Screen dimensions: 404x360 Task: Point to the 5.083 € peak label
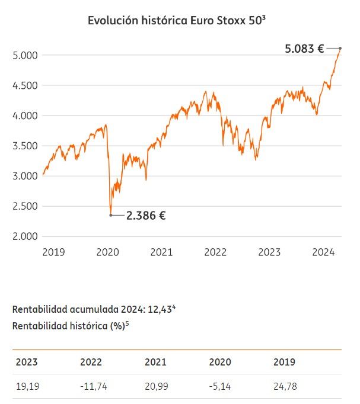point(304,49)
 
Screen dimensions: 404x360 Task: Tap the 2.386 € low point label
point(146,216)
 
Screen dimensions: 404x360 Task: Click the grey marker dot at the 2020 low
point(111,215)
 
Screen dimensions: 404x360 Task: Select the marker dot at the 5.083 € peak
point(340,48)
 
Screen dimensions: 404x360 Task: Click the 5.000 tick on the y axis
point(25,56)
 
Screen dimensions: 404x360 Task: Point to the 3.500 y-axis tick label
point(25,146)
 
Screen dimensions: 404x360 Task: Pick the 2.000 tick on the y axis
point(25,236)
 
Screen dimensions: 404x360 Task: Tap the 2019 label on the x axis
point(53,252)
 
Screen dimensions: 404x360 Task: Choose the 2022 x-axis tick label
point(215,252)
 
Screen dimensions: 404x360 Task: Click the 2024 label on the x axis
point(324,252)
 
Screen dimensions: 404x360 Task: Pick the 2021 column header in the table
point(155,362)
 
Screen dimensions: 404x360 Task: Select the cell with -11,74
point(92,387)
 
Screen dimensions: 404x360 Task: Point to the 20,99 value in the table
point(156,387)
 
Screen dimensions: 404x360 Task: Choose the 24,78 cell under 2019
point(285,387)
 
